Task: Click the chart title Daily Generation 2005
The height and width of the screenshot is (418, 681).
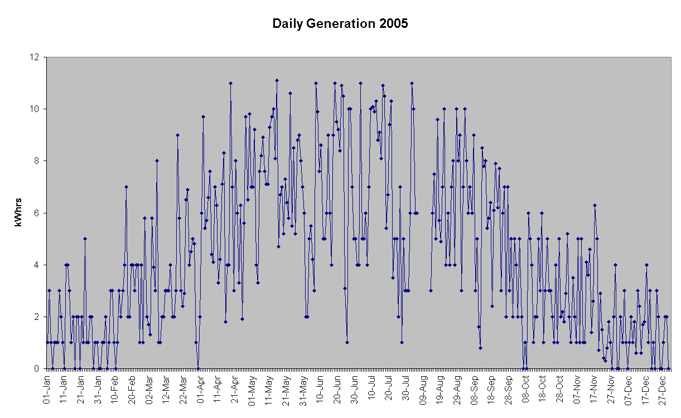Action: (x=340, y=23)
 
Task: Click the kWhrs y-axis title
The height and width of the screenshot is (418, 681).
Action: (x=18, y=212)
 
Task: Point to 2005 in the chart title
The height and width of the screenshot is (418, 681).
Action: (x=394, y=23)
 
